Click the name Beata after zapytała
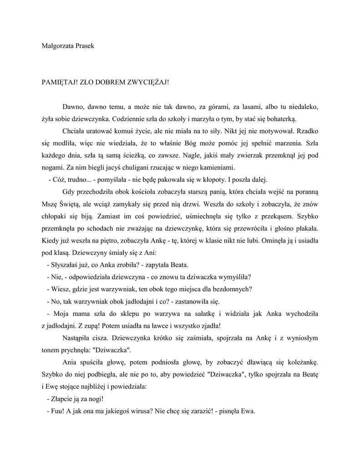click(178, 265)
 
